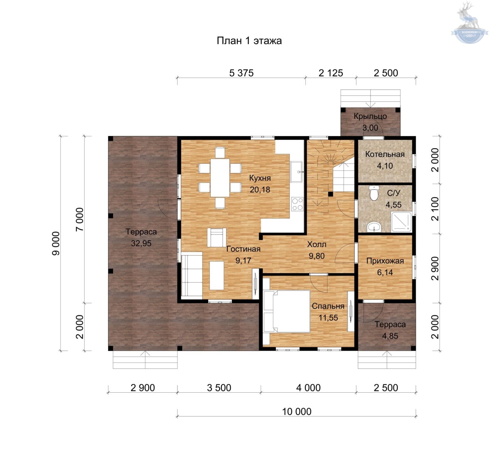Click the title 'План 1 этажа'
click(x=249, y=41)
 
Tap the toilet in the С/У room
click(x=374, y=193)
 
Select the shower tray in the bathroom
click(x=401, y=222)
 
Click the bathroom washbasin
click(x=374, y=227)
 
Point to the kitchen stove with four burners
click(x=297, y=204)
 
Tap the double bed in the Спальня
click(x=287, y=311)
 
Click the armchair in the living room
click(x=217, y=237)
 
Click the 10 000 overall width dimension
click(x=297, y=411)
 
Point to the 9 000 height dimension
click(x=56, y=243)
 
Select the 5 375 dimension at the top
click(x=241, y=73)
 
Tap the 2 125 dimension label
click(x=331, y=73)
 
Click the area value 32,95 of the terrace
click(x=141, y=243)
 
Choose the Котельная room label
click(x=385, y=154)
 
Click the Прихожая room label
click(x=385, y=261)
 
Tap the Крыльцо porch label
click(x=370, y=117)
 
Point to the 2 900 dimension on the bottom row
click(x=143, y=388)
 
